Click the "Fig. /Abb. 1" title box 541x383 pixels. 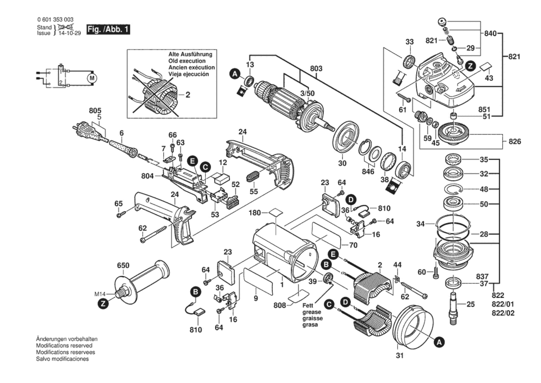[108, 29]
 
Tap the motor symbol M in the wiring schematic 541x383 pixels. [92, 78]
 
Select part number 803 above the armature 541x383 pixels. [316, 69]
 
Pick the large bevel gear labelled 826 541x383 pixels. [453, 134]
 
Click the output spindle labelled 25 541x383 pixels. [454, 307]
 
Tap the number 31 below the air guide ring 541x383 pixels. [399, 355]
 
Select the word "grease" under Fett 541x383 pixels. [312, 312]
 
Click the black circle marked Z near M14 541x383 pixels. [103, 304]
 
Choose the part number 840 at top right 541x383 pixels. [490, 33]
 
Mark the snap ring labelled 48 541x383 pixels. [453, 189]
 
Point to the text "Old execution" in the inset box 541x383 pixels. [187, 61]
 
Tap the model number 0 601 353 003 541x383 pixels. [55, 19]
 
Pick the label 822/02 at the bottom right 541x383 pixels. [503, 313]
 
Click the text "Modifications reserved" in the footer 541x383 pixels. [64, 346]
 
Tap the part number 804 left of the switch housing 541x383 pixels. [147, 176]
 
